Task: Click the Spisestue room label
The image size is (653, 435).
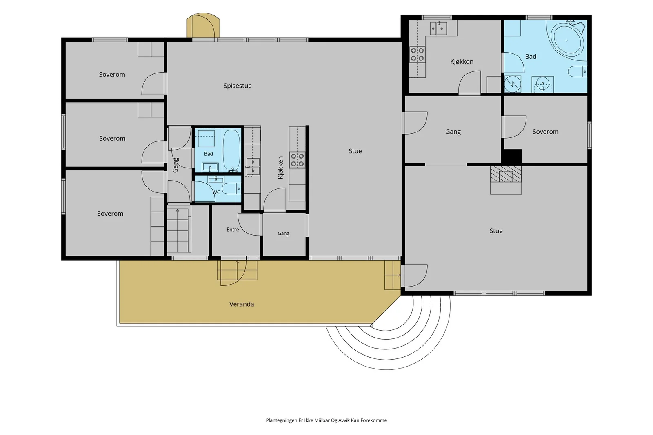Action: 237,86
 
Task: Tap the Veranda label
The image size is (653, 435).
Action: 241,304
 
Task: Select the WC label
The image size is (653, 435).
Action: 216,192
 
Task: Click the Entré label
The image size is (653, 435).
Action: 233,230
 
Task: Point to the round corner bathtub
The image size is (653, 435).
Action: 567,40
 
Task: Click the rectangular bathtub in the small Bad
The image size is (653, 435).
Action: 232,151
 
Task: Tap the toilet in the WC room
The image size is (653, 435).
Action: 231,189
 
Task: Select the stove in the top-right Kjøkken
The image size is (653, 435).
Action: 417,55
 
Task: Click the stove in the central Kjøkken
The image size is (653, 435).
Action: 297,160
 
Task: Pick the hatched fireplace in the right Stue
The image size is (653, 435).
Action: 506,174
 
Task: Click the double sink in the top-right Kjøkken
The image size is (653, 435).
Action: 438,28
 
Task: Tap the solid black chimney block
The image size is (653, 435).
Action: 512,157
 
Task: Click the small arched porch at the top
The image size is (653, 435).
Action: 203,26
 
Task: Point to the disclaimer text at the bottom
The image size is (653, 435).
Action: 326,420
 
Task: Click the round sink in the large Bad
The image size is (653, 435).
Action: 542,84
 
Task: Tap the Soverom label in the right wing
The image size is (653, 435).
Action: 545,132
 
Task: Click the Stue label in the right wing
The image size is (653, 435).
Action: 496,231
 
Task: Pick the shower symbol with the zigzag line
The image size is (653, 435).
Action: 513,84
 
